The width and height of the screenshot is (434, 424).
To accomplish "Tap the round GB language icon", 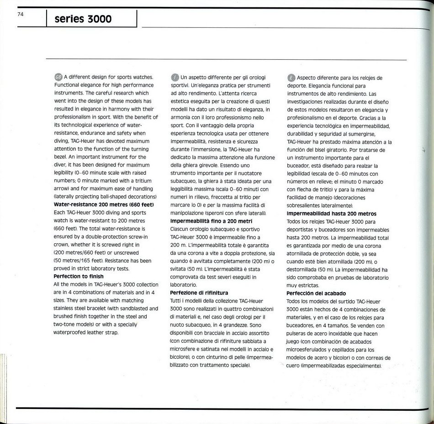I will pyautogui.click(x=58, y=77).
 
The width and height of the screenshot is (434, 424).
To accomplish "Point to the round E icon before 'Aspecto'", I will pyautogui.click(x=291, y=77).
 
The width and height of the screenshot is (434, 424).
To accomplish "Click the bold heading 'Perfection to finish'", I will pyautogui.click(x=79, y=276).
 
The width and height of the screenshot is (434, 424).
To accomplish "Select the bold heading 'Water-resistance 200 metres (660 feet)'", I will pyautogui.click(x=104, y=204).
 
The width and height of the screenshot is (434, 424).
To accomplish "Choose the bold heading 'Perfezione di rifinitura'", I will pyautogui.click(x=199, y=293).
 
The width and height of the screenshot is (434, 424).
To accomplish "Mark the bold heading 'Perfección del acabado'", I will pyautogui.click(x=316, y=293).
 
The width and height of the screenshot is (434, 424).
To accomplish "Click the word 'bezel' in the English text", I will pyautogui.click(x=61, y=157).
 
